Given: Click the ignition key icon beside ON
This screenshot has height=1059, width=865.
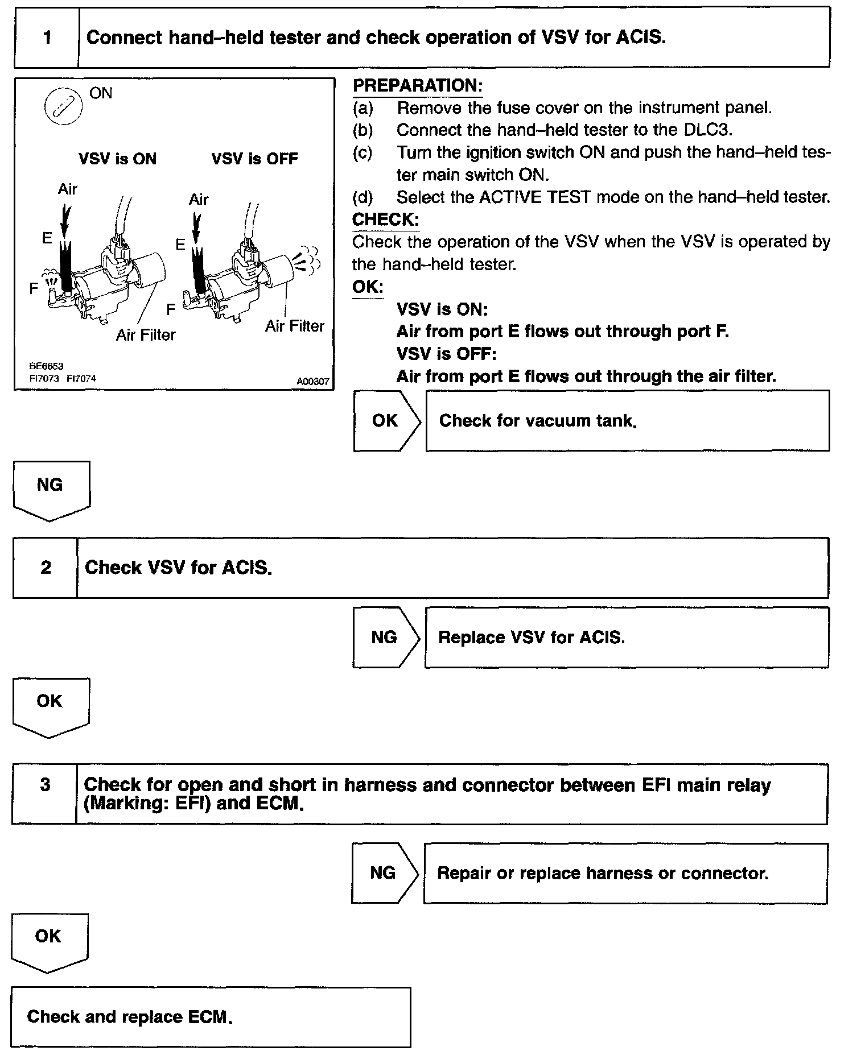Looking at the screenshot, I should [x=63, y=106].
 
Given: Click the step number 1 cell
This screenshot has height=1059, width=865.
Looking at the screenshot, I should [x=47, y=38].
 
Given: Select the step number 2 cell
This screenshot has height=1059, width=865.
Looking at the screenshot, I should [x=46, y=568].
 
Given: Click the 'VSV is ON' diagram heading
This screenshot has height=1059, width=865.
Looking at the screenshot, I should [x=117, y=159].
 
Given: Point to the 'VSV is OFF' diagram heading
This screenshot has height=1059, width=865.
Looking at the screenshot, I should [x=254, y=159].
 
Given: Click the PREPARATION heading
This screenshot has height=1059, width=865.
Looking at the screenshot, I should [x=417, y=86].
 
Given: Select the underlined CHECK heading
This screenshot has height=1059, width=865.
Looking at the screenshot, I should [x=385, y=220].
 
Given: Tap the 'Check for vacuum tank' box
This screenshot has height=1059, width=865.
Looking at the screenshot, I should [x=627, y=421].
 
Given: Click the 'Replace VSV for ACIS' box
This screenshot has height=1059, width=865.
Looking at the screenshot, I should [x=626, y=638].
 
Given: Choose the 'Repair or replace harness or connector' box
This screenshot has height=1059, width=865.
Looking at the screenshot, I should [x=625, y=873].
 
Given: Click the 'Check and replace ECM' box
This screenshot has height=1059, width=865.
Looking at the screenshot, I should [x=211, y=1017].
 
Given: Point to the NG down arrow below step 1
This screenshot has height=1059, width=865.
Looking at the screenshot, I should [x=51, y=489].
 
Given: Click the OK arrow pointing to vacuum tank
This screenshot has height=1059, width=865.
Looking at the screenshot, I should [x=386, y=421].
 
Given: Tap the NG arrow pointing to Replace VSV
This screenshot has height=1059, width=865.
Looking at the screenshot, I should [x=385, y=638].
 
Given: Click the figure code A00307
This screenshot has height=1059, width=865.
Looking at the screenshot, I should [x=312, y=382].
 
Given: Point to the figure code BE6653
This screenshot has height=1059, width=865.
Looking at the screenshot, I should [x=46, y=366].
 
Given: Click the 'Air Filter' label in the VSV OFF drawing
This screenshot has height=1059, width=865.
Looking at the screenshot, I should [x=294, y=326].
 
